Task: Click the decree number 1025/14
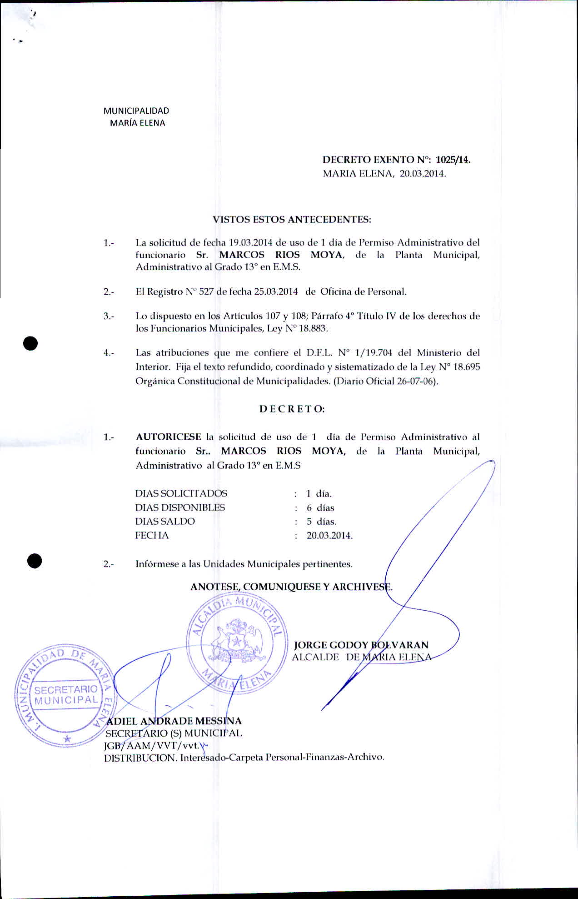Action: click(453, 160)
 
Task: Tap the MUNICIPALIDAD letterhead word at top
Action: click(136, 111)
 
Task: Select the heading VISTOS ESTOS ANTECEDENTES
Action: click(292, 220)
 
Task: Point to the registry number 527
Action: click(206, 292)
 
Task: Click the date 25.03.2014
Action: click(276, 292)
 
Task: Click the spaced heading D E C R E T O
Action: click(292, 409)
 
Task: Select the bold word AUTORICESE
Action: click(168, 437)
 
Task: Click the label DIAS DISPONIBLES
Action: click(180, 507)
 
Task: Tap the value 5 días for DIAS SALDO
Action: click(321, 522)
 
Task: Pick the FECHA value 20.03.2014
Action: click(329, 536)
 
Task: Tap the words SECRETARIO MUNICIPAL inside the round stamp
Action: click(66, 695)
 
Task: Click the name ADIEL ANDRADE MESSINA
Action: click(174, 721)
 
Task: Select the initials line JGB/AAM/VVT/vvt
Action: click(152, 745)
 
